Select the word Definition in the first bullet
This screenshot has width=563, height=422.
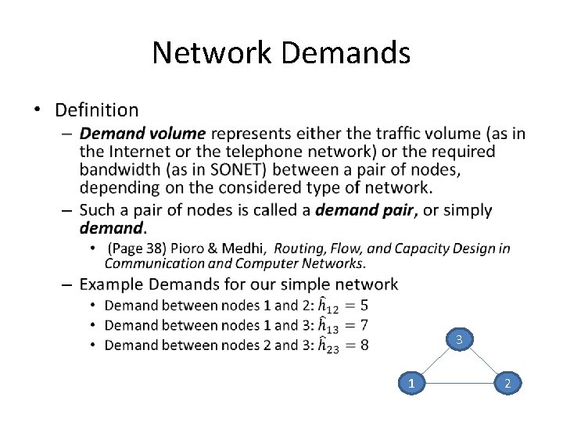96,110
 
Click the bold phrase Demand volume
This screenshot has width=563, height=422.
142,134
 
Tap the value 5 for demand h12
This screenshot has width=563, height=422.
364,305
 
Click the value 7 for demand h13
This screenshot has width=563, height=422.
364,324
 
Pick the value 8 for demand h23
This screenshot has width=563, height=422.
364,345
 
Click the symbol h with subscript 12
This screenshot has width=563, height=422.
328,306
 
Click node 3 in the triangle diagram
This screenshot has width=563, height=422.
460,339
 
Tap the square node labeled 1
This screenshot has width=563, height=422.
411,383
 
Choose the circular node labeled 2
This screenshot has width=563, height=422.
508,383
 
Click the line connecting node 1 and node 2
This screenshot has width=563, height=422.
460,383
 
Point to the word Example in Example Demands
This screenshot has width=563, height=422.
112,284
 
